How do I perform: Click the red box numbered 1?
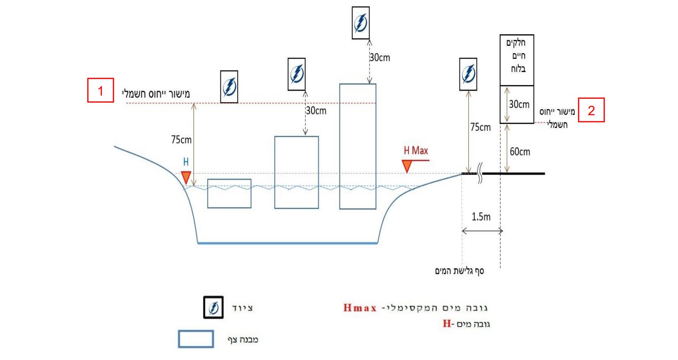pos(101,90)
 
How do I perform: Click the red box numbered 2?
pos(591,110)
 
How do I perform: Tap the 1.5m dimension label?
pos(481,217)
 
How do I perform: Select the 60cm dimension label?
pos(520,151)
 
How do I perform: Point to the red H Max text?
pos(416,151)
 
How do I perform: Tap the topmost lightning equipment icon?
pos(361,23)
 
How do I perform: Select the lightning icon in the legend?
pos(213,307)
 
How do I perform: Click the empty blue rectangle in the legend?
pos(196,339)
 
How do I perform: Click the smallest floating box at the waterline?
pos(229,193)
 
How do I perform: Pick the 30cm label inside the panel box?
pos(519,105)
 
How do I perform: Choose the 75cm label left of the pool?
pos(181,140)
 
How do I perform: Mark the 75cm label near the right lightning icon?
pos(480,127)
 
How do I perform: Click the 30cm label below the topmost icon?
pos(379,58)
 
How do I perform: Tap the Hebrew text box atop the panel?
pos(517,60)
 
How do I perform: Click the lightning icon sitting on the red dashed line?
pos(229,87)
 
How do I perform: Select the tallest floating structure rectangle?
pos(358,147)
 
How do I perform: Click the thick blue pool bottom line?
pos(287,243)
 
